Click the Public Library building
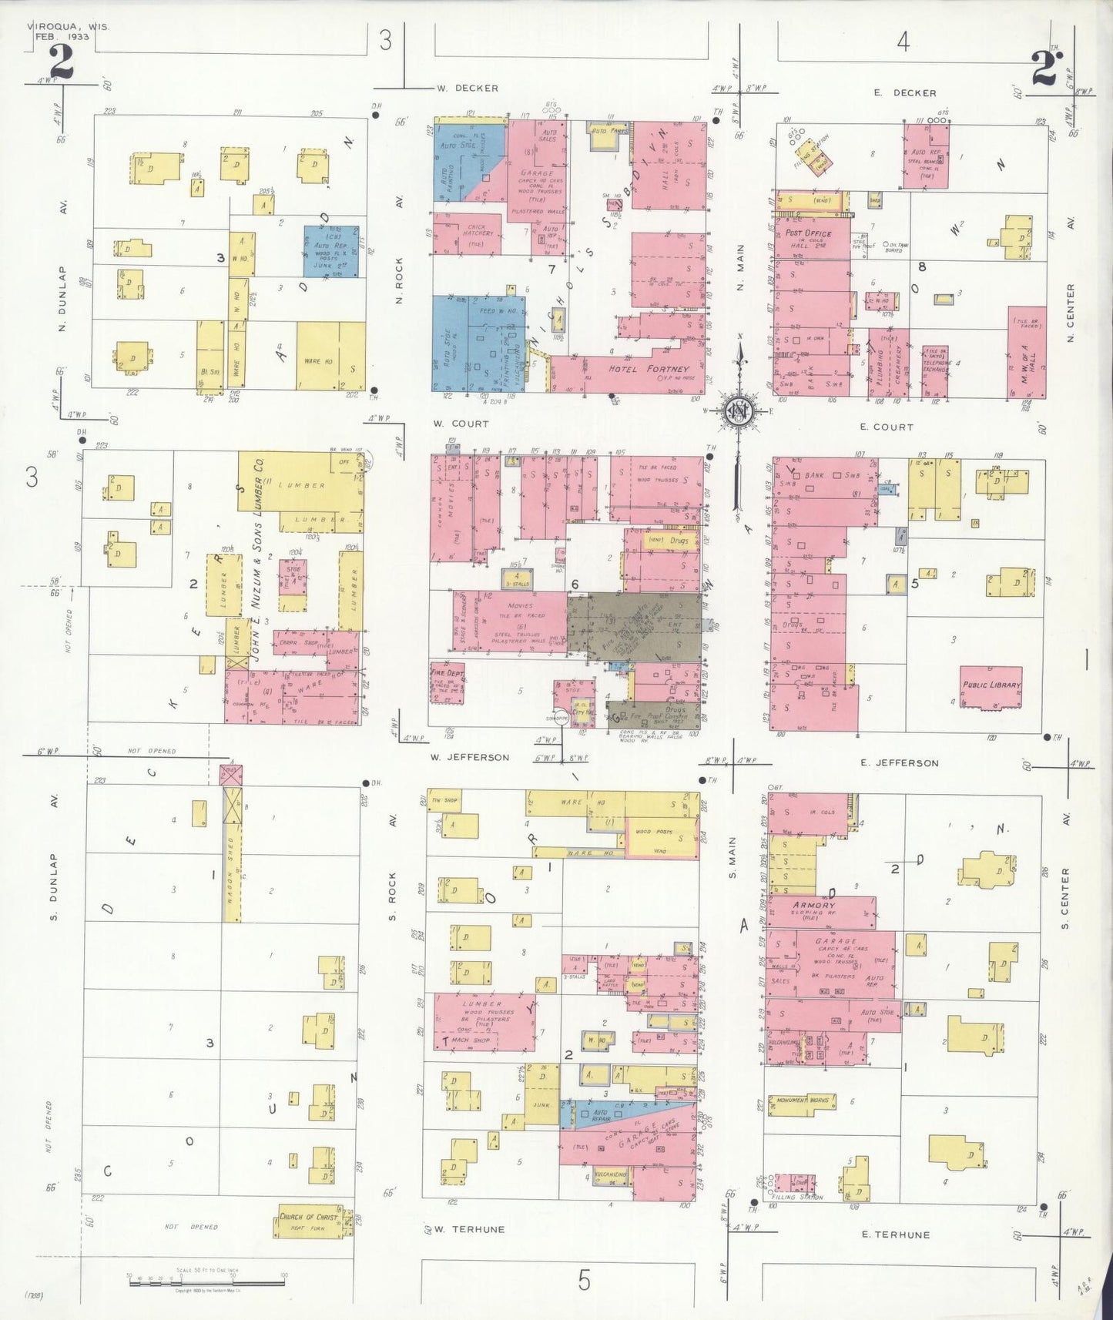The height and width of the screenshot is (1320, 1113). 991,685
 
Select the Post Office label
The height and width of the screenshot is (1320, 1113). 808,233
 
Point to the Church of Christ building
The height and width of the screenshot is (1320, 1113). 309,1222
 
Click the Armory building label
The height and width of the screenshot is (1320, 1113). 813,906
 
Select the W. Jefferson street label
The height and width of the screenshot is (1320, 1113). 470,757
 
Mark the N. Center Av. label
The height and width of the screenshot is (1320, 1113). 1070,314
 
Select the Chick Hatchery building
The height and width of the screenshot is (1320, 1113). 469,233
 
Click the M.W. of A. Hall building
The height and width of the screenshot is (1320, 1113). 1027,354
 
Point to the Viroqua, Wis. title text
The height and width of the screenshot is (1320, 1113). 69,26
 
